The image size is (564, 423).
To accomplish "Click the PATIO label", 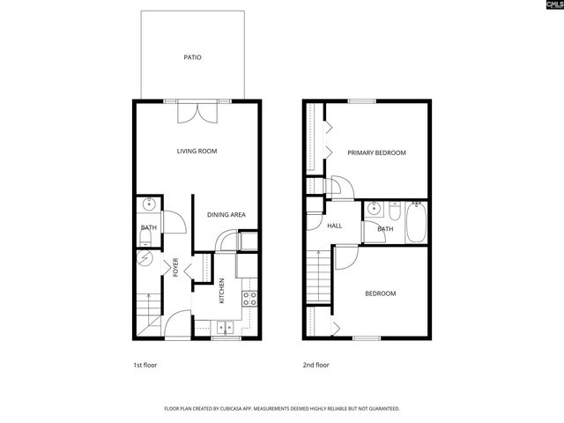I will [192, 57].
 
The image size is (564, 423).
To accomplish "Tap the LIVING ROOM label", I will [197, 152].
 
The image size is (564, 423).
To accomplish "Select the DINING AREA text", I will [226, 215].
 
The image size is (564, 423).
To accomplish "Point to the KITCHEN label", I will [222, 291].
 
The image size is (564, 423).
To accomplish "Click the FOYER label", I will [175, 267].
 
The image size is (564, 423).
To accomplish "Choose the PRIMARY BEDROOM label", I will [376, 153].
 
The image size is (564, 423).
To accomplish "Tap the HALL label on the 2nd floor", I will [335, 226].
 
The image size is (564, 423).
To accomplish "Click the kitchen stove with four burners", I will [249, 297].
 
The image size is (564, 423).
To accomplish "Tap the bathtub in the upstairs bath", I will [417, 223].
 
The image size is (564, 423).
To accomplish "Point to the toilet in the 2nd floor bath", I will [392, 211].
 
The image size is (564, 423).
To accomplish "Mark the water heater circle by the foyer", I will [145, 260].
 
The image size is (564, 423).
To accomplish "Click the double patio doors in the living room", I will [197, 113].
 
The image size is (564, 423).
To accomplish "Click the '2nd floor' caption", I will [315, 364].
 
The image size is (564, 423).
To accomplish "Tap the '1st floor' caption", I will [145, 364].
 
